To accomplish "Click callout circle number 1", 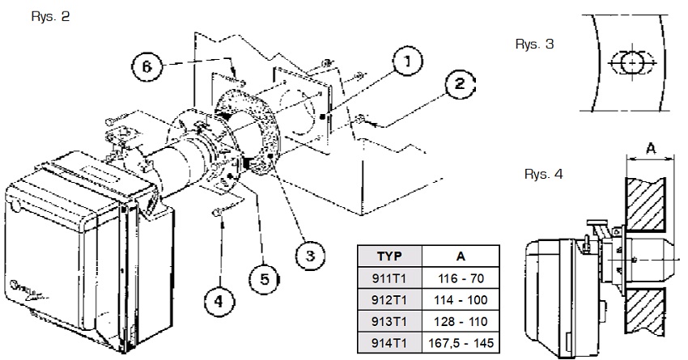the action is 408,61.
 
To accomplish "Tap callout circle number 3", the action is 310,256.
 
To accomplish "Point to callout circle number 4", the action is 219,301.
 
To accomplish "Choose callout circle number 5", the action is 265,279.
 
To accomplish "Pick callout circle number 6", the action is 147,67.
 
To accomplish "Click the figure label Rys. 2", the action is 50,17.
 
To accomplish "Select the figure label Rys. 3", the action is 534,44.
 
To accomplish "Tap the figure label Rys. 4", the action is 543,174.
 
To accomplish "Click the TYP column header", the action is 389,256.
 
